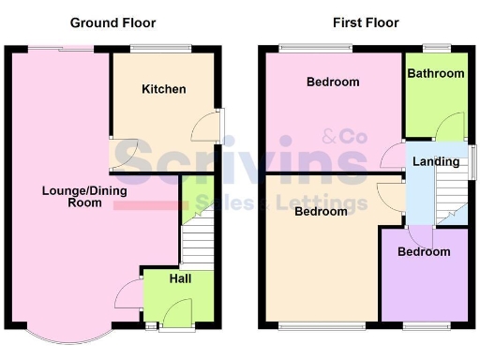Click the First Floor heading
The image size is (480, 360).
(366, 22)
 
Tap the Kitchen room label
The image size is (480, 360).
(163, 89)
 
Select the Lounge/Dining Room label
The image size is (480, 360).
(71, 196)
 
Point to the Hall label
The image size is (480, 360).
(180, 278)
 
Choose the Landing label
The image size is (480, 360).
(436, 161)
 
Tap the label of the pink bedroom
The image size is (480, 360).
(333, 82)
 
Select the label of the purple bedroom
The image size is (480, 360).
(423, 252)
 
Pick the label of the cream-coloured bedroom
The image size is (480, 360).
(321, 211)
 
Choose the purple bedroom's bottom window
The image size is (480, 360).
(424, 326)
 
